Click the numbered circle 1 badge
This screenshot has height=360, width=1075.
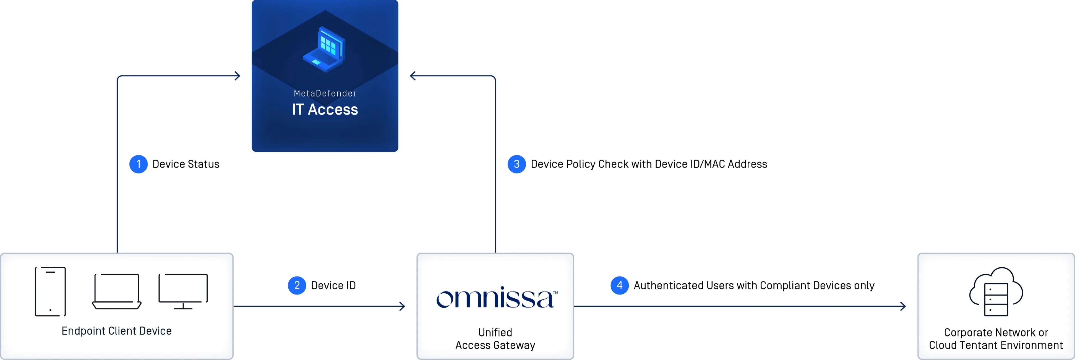[x=138, y=164]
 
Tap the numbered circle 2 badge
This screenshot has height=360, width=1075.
[x=297, y=285]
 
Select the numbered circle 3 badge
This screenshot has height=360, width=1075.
[x=516, y=164]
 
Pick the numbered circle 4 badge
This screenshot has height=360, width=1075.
[x=619, y=285]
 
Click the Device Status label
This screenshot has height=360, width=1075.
[x=186, y=164]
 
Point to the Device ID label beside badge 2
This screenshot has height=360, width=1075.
[x=333, y=285]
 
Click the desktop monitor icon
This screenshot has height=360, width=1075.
[x=183, y=291]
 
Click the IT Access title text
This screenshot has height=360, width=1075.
[x=325, y=109]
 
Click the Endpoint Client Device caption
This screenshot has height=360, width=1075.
[x=116, y=331]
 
